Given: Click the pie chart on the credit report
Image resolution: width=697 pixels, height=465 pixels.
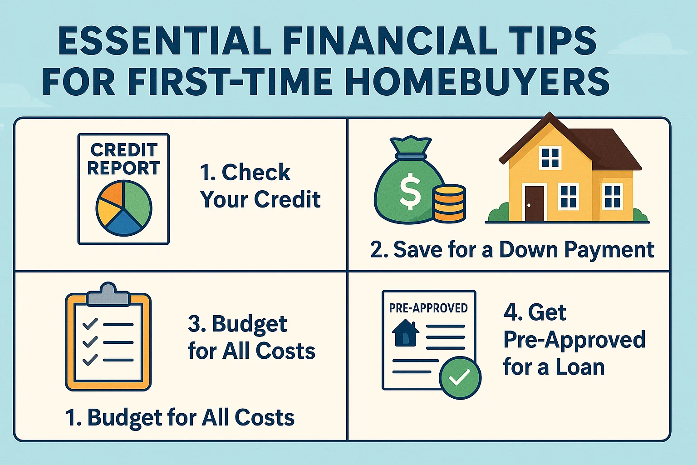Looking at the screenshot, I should (x=124, y=208).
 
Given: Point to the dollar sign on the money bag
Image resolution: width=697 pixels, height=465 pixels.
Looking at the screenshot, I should (x=410, y=192).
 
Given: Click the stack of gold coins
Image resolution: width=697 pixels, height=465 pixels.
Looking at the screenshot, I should (x=448, y=203).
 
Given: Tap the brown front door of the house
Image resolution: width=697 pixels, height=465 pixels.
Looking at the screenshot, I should (x=534, y=203).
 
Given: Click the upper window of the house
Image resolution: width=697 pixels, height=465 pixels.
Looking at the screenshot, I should (x=550, y=158).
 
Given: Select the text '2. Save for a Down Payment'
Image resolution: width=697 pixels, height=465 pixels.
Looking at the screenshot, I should (x=512, y=250).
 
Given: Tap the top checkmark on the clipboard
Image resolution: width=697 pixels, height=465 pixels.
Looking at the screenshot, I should (x=90, y=324).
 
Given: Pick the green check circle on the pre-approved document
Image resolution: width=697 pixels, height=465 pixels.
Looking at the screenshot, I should (x=460, y=377).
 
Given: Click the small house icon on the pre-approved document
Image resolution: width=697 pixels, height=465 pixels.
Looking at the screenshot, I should (x=405, y=333).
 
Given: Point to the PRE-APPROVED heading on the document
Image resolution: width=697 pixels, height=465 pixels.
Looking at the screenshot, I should (x=428, y=308).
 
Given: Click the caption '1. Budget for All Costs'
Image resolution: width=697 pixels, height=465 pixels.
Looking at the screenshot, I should (x=180, y=418).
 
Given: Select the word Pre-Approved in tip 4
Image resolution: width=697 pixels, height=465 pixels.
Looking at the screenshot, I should (x=574, y=340).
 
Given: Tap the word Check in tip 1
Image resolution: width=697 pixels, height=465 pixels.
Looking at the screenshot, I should (x=255, y=173).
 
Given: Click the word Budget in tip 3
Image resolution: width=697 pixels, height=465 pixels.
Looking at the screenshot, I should (x=249, y=324).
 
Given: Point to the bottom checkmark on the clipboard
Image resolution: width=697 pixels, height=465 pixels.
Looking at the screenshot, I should (x=90, y=360).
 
